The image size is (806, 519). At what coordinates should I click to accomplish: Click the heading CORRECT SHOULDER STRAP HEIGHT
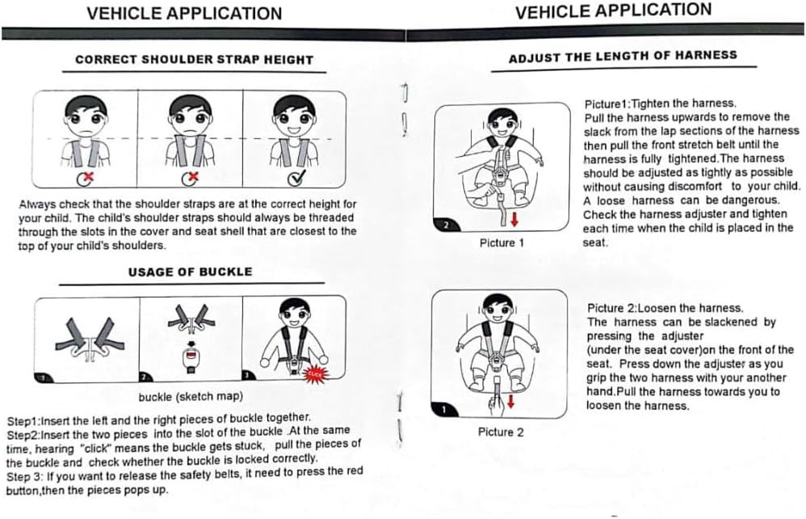tap(195, 60)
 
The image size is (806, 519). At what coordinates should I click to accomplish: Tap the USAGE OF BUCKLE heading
tap(190, 272)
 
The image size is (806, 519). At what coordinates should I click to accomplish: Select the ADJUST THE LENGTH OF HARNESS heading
tap(623, 56)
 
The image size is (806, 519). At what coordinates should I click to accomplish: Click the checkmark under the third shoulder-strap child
tap(296, 178)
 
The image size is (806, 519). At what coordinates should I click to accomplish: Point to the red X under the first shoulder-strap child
tap(88, 178)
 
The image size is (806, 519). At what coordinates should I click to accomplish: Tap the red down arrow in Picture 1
tap(514, 219)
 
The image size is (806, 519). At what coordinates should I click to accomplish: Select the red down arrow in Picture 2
tap(510, 401)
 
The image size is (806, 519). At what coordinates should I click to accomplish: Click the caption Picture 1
tap(502, 243)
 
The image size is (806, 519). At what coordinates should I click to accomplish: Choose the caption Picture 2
tap(501, 432)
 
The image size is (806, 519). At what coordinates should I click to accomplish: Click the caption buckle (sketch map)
tap(191, 397)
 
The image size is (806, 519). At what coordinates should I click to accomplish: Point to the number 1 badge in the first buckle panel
tap(44, 378)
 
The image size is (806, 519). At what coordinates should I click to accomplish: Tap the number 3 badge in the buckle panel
tap(249, 374)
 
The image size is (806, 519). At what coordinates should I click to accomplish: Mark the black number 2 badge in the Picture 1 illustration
tap(446, 225)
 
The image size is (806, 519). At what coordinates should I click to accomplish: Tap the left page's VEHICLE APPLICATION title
tap(184, 14)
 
